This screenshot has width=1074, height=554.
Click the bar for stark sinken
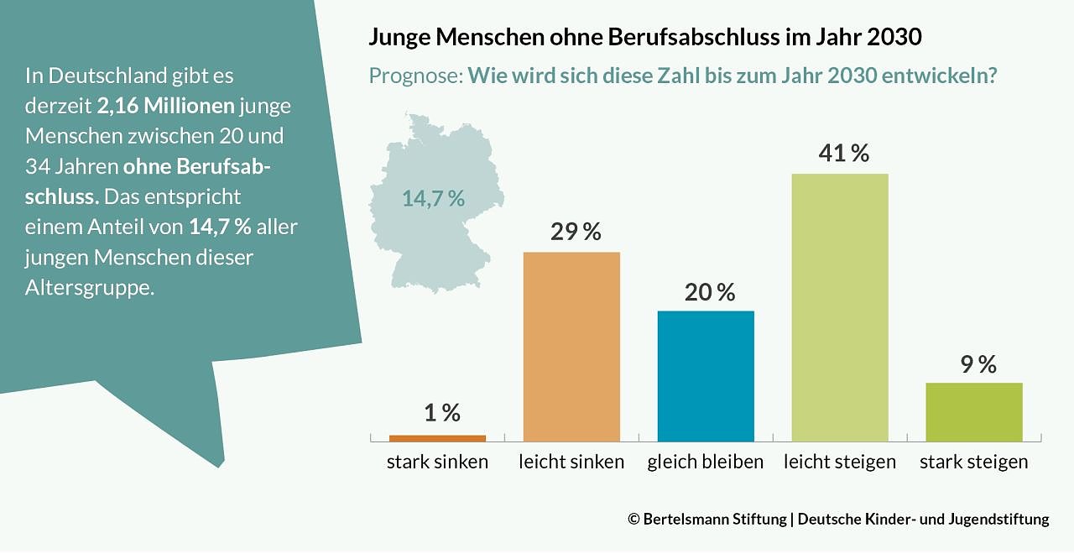437,437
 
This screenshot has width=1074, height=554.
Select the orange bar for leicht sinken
571,347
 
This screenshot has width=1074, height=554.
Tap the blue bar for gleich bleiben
706,376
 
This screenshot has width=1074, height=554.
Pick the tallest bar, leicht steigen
840,307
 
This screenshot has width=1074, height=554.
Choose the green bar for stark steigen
974,412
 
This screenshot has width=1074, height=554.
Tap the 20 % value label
710,292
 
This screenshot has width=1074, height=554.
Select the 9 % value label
976,364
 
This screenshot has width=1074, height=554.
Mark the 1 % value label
441,412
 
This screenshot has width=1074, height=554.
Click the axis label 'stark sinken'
437,462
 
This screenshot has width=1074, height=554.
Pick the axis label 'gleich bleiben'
706,462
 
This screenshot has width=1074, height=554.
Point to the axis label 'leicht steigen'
840,462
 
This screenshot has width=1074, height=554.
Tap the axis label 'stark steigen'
974,462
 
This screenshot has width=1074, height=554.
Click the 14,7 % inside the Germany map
433,199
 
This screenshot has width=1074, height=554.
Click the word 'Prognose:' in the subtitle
415,76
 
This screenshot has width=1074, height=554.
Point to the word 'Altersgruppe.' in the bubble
90,287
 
